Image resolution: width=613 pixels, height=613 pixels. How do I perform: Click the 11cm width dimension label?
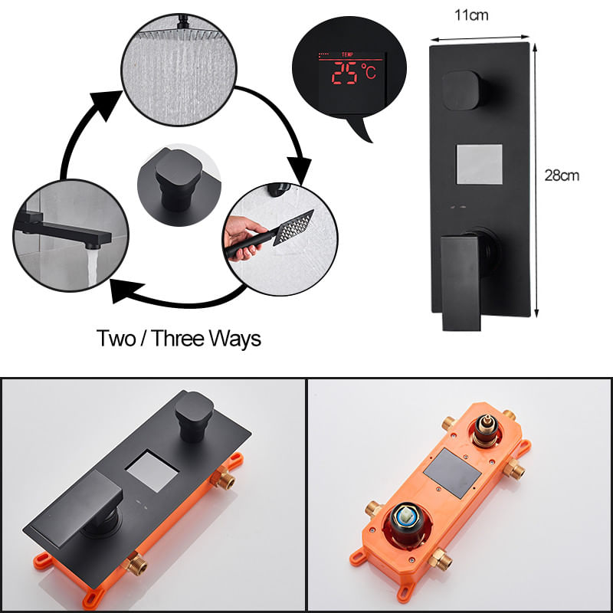471,15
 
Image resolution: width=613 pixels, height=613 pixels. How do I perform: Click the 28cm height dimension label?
562,175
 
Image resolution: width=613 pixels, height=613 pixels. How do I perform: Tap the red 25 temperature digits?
344,73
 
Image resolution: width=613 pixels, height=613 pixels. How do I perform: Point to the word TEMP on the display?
347,54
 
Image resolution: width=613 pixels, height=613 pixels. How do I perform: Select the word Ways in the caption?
235,339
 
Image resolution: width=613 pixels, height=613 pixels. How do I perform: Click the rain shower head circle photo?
179,70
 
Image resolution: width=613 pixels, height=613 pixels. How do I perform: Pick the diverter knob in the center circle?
179,179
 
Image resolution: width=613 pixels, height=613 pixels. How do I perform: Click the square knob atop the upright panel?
461,90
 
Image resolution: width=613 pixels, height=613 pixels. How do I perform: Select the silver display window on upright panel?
480,164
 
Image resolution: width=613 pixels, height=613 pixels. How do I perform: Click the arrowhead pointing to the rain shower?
105,104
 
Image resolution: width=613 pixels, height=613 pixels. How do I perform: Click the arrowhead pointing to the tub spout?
124,291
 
